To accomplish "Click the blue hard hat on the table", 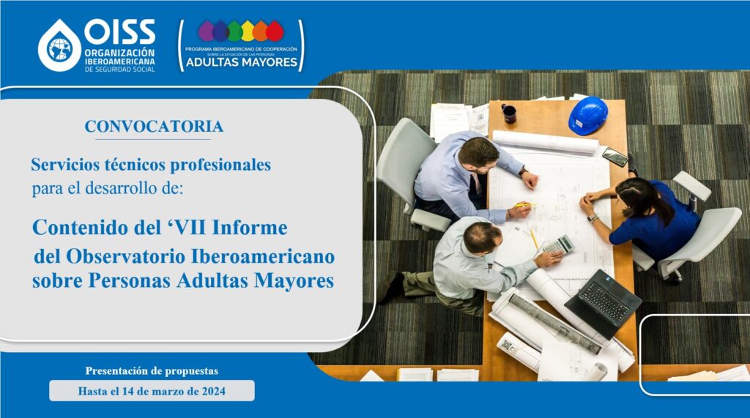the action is click(x=588, y=115).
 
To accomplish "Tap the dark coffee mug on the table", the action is click(x=508, y=113).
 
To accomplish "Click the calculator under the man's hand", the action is click(x=558, y=245).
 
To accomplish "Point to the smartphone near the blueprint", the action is click(x=615, y=157).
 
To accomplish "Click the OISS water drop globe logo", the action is click(x=60, y=46).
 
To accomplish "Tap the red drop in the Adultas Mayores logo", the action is click(x=275, y=31).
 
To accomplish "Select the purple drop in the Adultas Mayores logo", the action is click(x=207, y=31).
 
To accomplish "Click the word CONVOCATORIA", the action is click(x=154, y=126).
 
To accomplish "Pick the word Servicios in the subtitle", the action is click(x=65, y=165).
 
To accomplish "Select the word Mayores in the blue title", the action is click(x=294, y=280).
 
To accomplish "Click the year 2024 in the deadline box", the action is click(x=213, y=391).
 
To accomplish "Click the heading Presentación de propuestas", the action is click(x=152, y=370).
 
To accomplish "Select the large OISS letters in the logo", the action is click(x=119, y=32).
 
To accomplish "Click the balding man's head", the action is click(x=482, y=236).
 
